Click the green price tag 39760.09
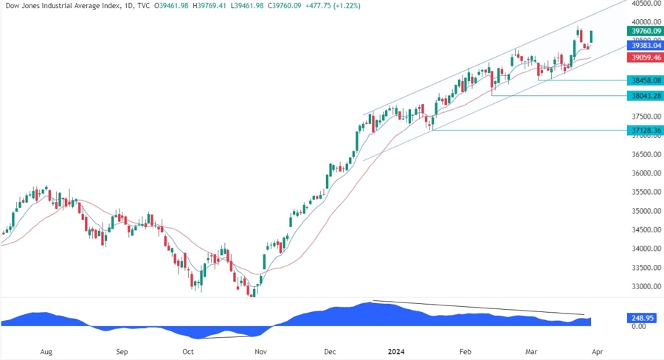(x=644, y=32)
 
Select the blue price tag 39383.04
(x=644, y=45)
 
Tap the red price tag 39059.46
(x=644, y=57)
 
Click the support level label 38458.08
(x=644, y=80)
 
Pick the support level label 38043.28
(x=644, y=95)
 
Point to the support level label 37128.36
(x=644, y=130)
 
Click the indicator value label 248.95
(x=640, y=318)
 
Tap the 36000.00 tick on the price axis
(x=643, y=173)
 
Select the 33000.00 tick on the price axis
(x=643, y=286)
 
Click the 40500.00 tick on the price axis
(x=643, y=4)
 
